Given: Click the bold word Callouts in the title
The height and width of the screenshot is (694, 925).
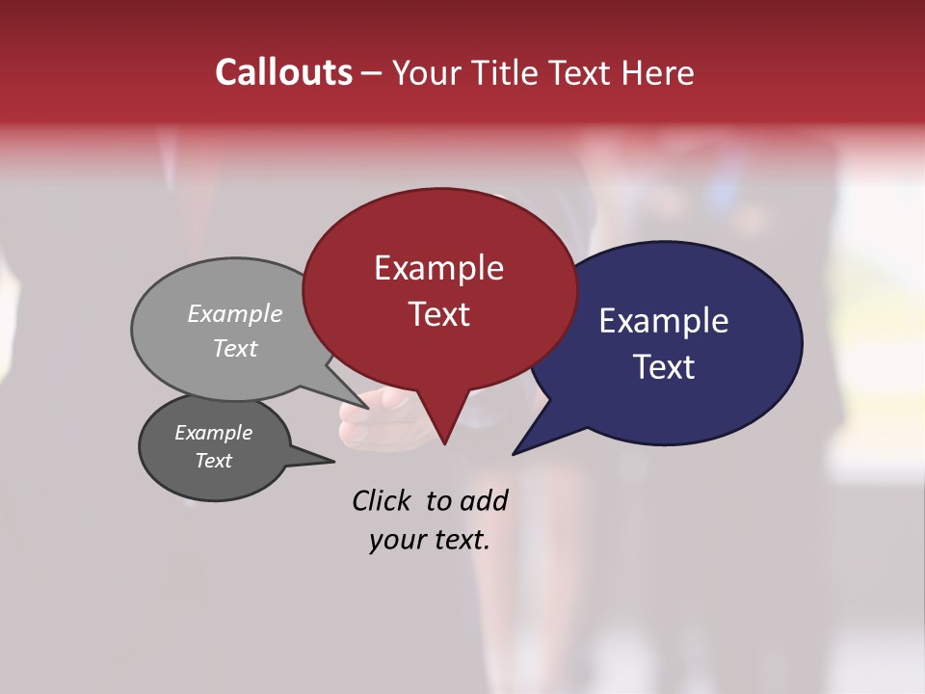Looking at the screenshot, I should click(284, 72).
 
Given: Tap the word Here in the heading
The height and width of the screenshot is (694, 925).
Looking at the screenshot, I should click(658, 72).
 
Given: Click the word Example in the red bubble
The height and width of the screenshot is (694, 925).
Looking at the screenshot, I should click(438, 268).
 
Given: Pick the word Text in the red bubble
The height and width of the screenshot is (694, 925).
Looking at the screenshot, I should click(438, 314).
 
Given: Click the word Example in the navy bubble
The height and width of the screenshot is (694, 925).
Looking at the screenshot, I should click(664, 321).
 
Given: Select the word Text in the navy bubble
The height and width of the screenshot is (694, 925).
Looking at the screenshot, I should click(664, 367).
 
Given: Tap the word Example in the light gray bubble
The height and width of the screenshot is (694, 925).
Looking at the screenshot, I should click(234, 313).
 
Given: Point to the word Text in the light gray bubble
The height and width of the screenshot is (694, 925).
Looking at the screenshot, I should click(234, 348).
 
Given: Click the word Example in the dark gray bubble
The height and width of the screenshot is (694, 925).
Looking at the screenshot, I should click(213, 433).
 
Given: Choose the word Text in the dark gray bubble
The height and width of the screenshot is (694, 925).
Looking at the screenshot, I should click(213, 461).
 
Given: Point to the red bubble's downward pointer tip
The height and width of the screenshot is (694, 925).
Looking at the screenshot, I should click(444, 443).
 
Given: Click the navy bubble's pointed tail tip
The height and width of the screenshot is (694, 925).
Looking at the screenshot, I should click(514, 453).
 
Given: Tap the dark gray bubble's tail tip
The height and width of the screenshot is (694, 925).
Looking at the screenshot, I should click(333, 461).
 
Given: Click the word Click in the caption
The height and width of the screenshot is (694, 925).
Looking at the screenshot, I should click(382, 500).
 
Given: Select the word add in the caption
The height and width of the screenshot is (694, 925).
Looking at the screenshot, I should click(485, 500).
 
